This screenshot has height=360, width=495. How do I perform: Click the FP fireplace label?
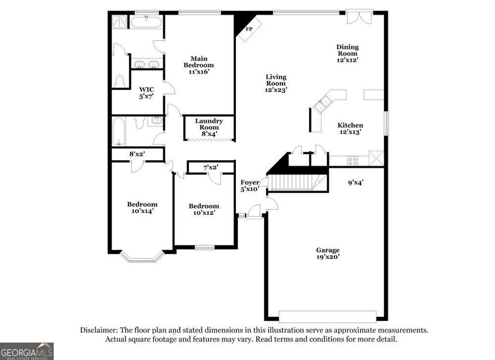[249, 29]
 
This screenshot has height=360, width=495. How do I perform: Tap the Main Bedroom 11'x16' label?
[198, 65]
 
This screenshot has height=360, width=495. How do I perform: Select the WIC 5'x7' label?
[146, 93]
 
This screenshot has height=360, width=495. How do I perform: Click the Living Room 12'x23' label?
[276, 83]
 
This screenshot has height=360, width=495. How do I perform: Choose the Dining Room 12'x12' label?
[348, 53]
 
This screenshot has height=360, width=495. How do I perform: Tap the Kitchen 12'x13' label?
[350, 128]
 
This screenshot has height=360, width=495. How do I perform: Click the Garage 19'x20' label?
[328, 254]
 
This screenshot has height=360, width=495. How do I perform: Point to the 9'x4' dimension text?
[355, 183]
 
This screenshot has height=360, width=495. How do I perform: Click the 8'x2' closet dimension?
[137, 154]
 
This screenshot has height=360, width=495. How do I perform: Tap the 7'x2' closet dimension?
[210, 167]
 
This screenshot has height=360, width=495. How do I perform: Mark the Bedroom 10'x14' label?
[142, 208]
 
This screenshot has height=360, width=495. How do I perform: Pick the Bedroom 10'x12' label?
[204, 209]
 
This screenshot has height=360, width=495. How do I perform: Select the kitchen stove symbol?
[353, 160]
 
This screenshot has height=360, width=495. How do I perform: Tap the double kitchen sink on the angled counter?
[323, 103]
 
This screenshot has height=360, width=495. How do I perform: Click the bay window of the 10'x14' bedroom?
[142, 256]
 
